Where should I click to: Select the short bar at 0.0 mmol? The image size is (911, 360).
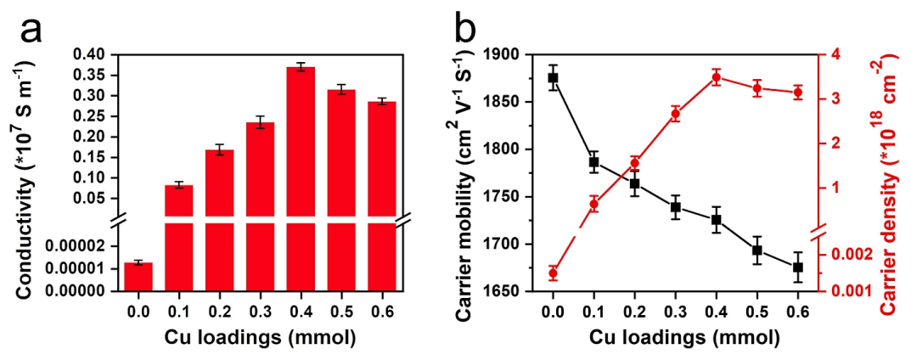138,277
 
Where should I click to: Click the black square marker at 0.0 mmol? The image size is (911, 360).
553,77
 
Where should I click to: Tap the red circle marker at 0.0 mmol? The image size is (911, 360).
553,273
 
